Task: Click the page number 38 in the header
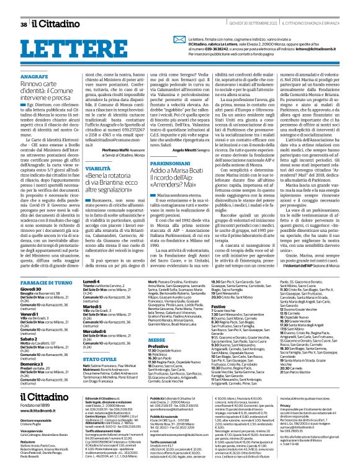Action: pos(24,7)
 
